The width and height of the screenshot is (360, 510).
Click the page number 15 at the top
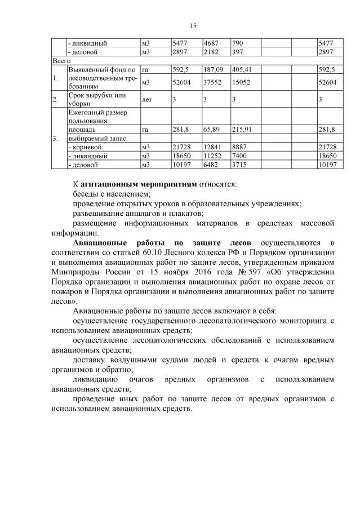click(x=192, y=26)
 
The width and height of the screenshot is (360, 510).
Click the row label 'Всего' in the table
click(x=60, y=59)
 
